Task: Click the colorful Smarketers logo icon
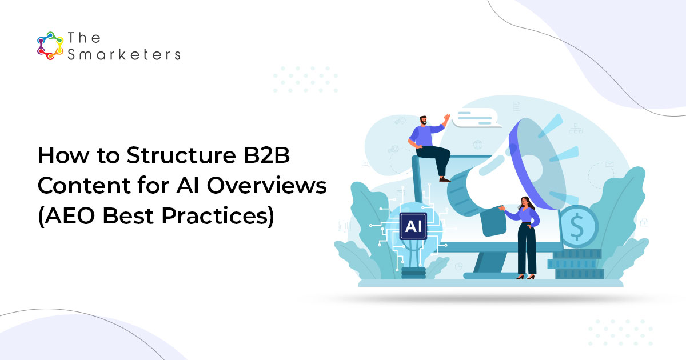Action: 50,46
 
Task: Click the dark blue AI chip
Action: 412,226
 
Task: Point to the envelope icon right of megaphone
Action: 609,165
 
